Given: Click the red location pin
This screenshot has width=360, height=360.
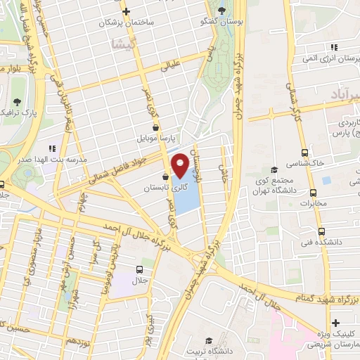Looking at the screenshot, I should point(180,165).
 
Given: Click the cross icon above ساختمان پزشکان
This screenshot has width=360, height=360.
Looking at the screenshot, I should point(126,12).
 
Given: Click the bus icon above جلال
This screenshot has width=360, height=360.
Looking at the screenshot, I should point(139,269).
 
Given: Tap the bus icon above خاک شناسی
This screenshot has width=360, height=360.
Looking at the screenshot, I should point(304,152).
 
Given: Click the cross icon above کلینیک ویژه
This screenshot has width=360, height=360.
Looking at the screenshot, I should point(337,323).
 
